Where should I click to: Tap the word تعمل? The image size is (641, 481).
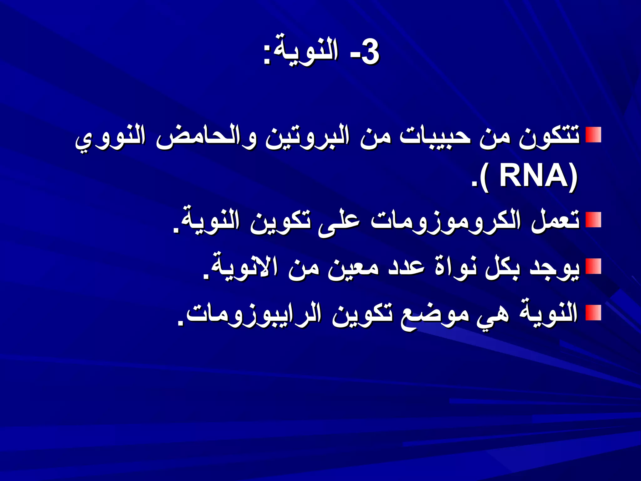(x=555, y=221)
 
